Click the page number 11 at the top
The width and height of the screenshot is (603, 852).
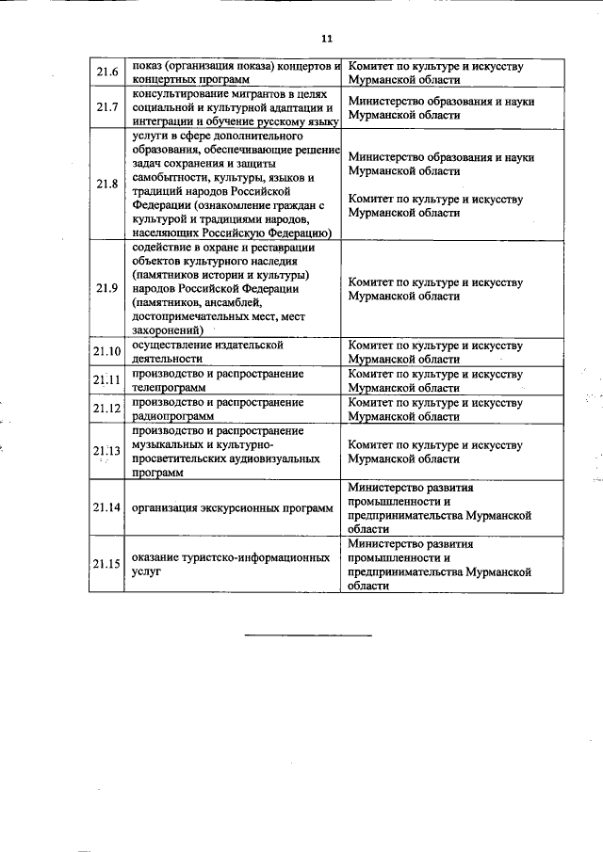(x=326, y=39)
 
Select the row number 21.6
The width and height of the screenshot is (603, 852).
(x=106, y=73)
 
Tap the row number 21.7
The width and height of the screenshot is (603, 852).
(x=106, y=108)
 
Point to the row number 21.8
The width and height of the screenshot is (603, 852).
(x=106, y=185)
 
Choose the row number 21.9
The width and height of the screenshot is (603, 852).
(x=106, y=288)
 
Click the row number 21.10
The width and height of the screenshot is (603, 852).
(x=106, y=352)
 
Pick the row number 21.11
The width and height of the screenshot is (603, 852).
(x=106, y=380)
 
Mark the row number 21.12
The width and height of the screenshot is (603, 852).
(x=106, y=409)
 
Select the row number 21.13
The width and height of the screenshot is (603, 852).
(x=106, y=451)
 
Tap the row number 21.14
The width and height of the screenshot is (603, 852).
(x=106, y=508)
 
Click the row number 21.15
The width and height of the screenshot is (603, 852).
(x=106, y=564)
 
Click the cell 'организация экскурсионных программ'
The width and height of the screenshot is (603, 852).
(x=233, y=508)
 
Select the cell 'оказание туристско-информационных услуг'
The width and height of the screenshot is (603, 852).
(x=231, y=564)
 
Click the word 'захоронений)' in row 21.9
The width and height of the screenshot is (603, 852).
(x=168, y=330)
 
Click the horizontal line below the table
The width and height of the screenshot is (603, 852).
(x=308, y=635)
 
